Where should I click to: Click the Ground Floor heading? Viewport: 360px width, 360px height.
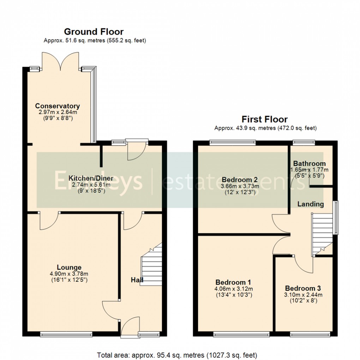[x=94, y=32]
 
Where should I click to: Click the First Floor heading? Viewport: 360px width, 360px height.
[x=264, y=119]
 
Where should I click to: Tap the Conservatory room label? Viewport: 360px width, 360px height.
[x=57, y=106]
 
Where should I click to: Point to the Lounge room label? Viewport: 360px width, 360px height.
[x=70, y=268]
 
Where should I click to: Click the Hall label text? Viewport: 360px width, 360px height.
[x=137, y=280]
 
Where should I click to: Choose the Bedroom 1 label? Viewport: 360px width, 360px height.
[x=233, y=282]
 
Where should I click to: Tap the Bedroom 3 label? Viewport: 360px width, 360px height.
[x=303, y=288]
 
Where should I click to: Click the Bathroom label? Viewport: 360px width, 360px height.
[x=309, y=164]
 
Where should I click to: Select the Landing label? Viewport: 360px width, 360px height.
[x=310, y=204]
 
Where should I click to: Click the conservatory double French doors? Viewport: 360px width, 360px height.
[x=60, y=60]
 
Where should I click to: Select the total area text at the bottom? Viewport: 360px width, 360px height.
[x=177, y=354]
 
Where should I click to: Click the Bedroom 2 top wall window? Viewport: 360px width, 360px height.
[x=232, y=143]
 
